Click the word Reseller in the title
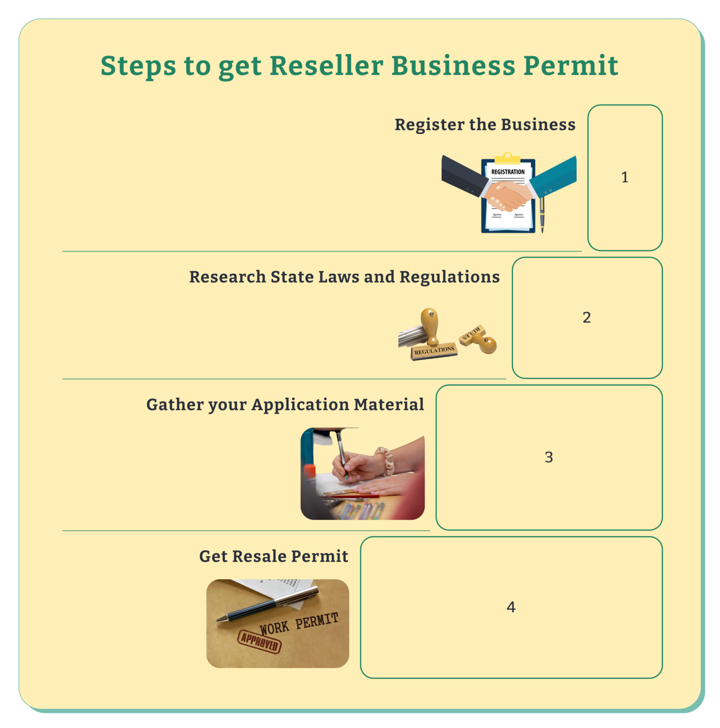point(326,65)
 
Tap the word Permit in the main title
point(571,65)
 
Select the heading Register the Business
point(485,125)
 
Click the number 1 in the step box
point(625,177)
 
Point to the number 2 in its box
point(587,318)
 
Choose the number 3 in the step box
point(549,457)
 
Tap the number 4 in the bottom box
point(511,607)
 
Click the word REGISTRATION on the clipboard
point(508,172)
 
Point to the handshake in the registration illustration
point(508,196)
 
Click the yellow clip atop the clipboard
point(508,157)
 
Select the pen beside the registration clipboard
point(542,216)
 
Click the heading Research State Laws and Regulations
point(344,277)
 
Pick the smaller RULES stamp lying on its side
point(479,338)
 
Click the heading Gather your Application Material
point(285,405)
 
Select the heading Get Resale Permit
point(274,556)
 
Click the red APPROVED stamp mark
point(259,642)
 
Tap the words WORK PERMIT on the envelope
point(299,624)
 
